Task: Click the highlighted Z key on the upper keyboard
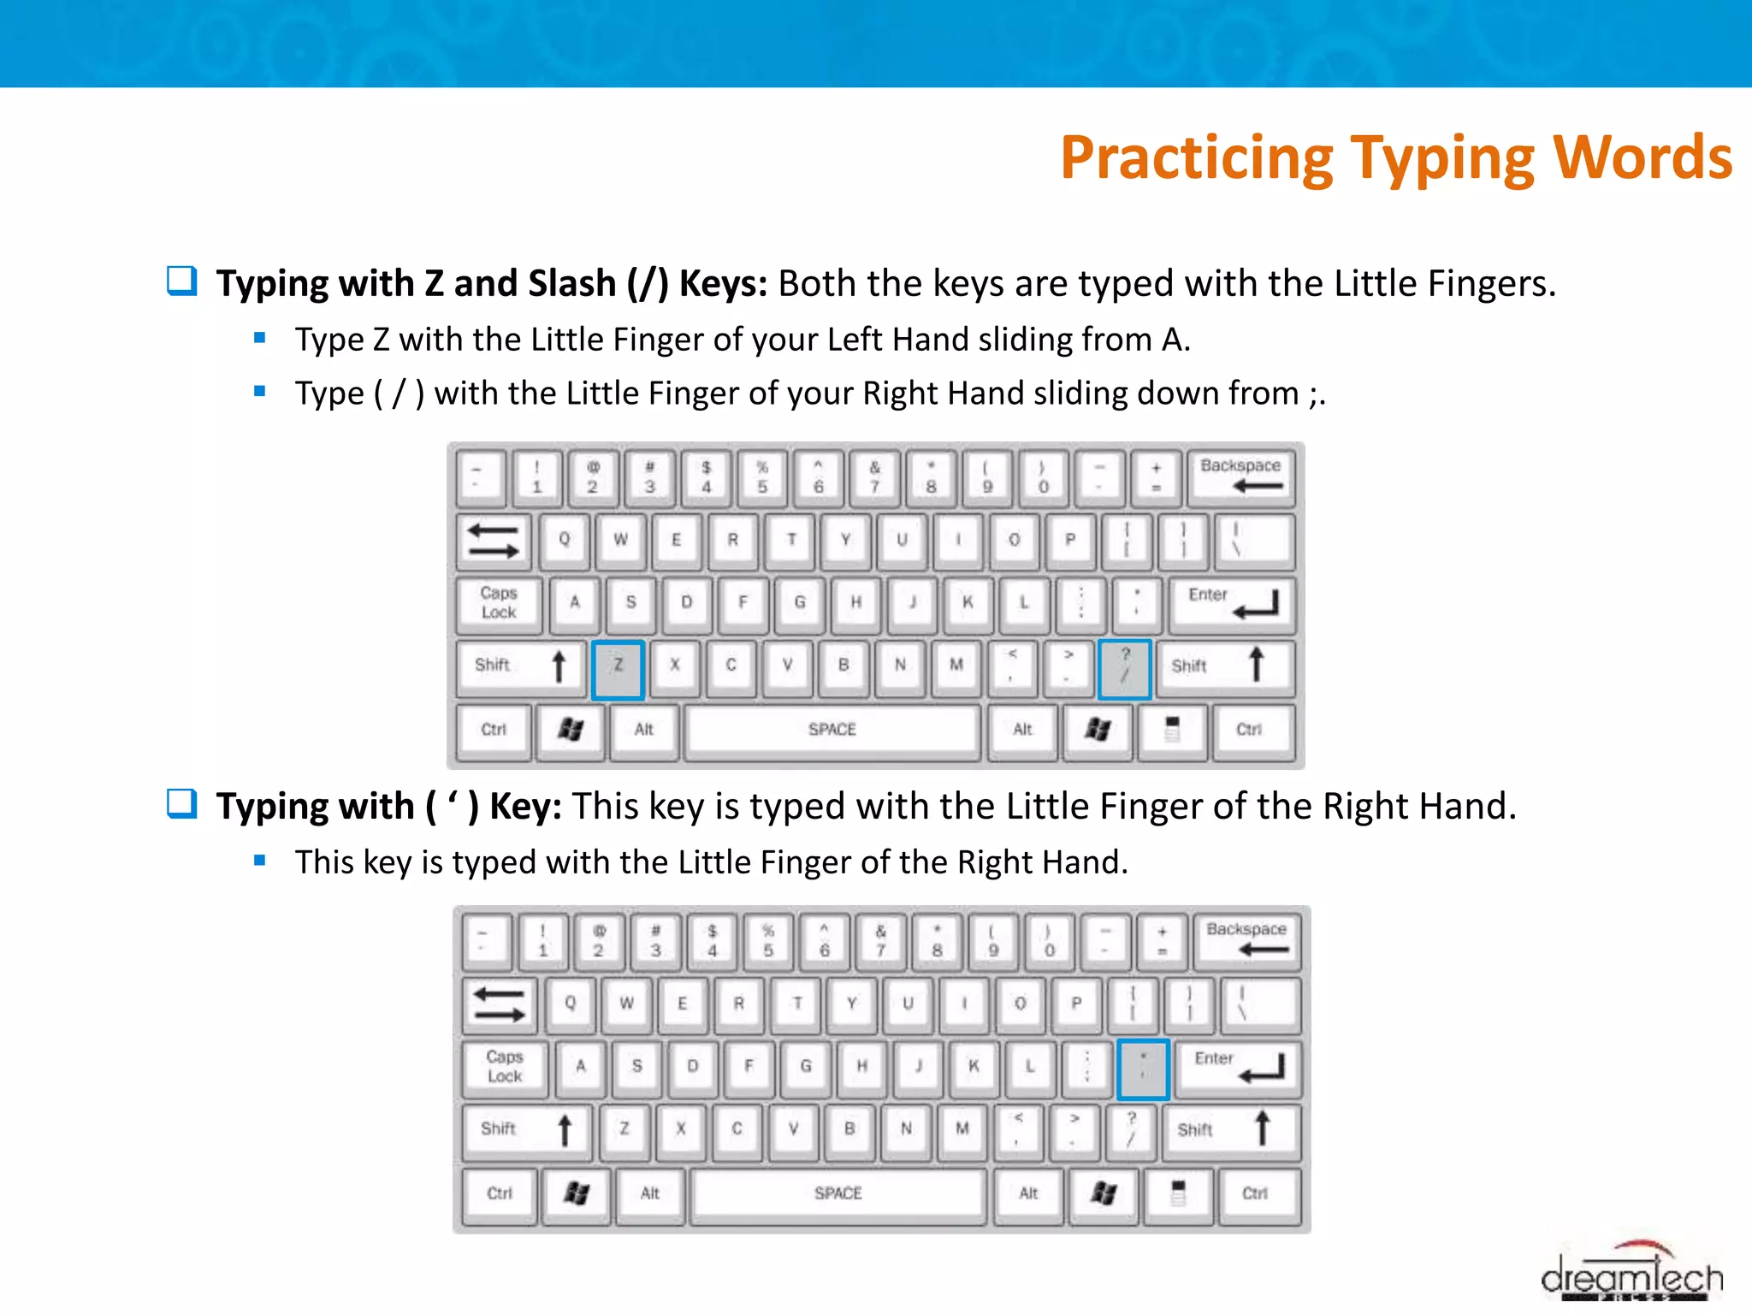pos(618,669)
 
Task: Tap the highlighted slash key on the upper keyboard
pos(1124,669)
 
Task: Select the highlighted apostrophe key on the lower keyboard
pos(1143,1069)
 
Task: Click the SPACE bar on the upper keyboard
pos(832,730)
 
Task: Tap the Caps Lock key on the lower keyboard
pos(505,1067)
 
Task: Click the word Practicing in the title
pos(1196,158)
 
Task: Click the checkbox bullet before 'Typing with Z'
pos(181,281)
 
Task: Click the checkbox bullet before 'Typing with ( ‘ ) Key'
pos(181,803)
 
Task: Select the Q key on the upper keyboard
pos(564,540)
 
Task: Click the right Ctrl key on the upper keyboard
pos(1249,730)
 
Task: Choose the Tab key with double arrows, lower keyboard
pos(500,1004)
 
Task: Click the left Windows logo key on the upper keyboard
pos(571,730)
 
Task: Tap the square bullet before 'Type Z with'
pos(260,339)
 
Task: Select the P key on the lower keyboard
pos(1076,1003)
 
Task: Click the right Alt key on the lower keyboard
pos(1028,1193)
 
